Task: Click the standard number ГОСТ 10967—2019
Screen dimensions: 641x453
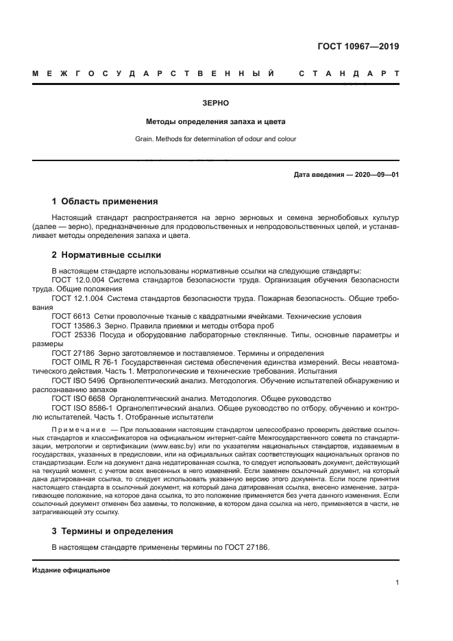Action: [x=358, y=47]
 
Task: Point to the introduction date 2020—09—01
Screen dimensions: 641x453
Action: [x=376, y=175]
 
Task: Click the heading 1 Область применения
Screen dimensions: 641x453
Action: [x=105, y=202]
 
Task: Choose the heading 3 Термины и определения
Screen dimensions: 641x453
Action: [x=112, y=531]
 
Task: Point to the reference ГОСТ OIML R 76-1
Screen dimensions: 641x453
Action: [x=84, y=361]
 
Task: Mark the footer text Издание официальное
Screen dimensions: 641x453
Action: [x=71, y=570]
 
